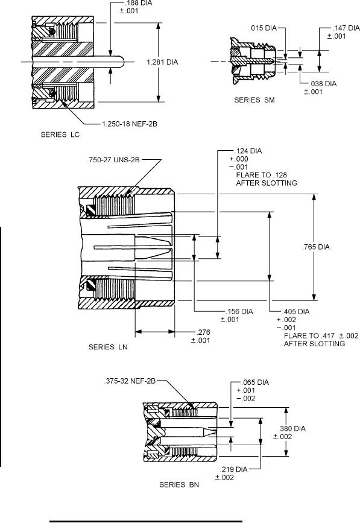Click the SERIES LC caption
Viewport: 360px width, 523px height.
click(x=60, y=135)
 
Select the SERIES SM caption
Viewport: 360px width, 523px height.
click(x=254, y=100)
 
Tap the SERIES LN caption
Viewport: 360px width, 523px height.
click(x=108, y=347)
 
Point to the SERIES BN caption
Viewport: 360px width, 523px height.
click(x=179, y=484)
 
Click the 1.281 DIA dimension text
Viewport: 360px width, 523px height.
click(x=162, y=62)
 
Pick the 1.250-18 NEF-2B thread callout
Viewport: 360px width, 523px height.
click(x=130, y=124)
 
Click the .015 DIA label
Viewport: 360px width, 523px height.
click(x=263, y=28)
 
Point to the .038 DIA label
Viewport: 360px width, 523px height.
click(x=323, y=84)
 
